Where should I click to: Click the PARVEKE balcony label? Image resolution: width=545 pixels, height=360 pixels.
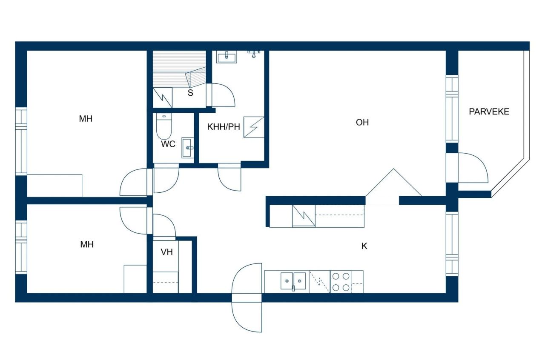[x=489, y=112]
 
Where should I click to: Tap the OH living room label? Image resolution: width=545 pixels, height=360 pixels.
[x=362, y=123]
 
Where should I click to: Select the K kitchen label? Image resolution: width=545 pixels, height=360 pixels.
[x=364, y=246]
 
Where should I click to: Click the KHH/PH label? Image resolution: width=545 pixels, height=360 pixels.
[x=224, y=127]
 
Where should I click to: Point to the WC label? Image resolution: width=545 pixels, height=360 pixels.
[x=168, y=144]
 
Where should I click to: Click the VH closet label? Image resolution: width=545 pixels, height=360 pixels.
[x=166, y=252]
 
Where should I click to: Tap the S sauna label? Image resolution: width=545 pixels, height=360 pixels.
[x=190, y=93]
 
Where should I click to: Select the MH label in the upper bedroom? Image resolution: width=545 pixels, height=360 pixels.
[x=86, y=119]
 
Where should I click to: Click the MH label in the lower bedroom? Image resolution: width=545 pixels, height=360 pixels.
[x=87, y=244]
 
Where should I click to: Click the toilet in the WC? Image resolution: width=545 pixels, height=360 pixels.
[x=163, y=126]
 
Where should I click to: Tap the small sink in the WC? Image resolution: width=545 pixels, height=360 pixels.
[x=188, y=148]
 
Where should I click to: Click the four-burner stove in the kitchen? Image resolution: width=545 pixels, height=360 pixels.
[x=341, y=282]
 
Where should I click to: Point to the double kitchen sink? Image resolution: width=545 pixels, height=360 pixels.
[x=293, y=281]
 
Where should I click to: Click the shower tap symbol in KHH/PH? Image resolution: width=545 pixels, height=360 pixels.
[x=254, y=53]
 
